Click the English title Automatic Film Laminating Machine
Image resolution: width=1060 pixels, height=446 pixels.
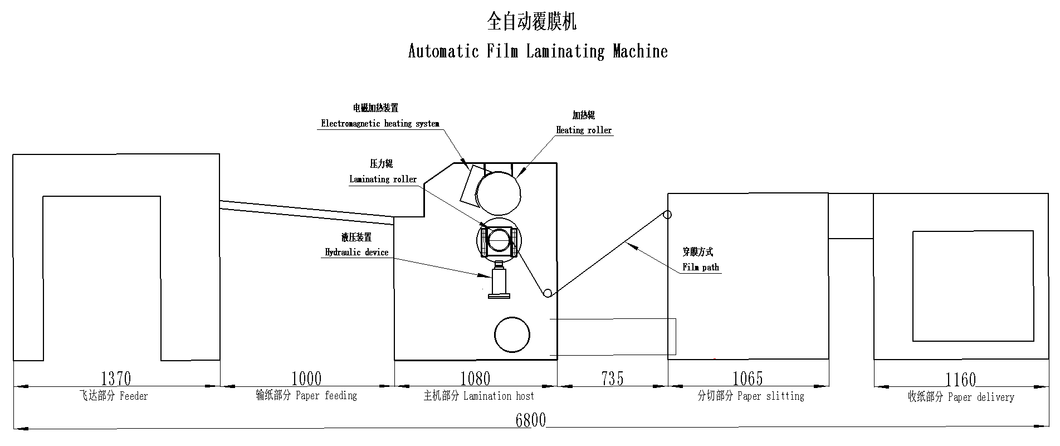pos(538,51)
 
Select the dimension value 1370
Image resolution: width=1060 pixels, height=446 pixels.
pos(116,379)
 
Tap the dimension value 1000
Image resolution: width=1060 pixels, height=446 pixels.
pos(306,379)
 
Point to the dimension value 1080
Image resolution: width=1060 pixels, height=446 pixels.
pos(475,379)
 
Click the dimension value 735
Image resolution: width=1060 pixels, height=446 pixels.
pos(612,379)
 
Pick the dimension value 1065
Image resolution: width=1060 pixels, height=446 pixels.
pos(747,379)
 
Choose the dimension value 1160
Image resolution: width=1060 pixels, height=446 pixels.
pos(961,380)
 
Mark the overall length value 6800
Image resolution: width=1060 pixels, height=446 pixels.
pos(530,420)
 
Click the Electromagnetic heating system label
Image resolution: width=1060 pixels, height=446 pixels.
pos(380,124)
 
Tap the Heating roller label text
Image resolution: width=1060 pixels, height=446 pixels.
pos(584,130)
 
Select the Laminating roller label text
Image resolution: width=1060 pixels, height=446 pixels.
pos(383,180)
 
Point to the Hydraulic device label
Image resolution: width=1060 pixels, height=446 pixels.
pos(356,253)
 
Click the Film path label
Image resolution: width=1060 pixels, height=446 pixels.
pos(701,268)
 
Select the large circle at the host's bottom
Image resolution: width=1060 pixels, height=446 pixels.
pos(512,334)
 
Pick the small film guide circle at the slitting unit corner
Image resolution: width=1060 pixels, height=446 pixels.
pos(667,215)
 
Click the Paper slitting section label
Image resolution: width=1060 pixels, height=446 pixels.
pos(751,396)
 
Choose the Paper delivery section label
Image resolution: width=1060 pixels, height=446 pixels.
pos(961,397)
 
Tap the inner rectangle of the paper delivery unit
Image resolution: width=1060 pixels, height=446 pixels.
pos(973,285)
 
